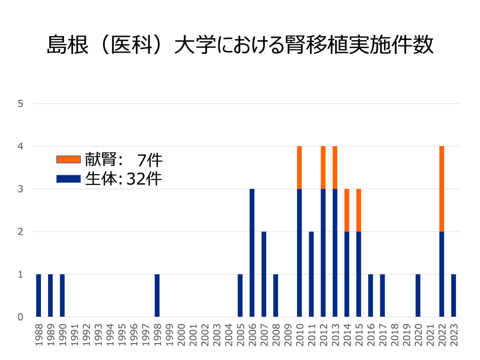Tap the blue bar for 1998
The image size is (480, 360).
(157, 296)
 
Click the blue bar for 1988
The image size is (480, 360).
(38, 296)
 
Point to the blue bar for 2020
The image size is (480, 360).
(418, 296)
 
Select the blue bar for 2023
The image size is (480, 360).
(454, 296)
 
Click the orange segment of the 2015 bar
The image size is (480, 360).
(359, 210)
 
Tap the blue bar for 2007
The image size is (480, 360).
(264, 274)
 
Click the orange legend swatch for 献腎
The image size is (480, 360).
(68, 159)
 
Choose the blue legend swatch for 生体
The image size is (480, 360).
(68, 179)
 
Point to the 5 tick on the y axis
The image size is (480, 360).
(21, 103)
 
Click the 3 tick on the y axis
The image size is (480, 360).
(21, 189)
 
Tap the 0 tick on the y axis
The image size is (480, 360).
(21, 317)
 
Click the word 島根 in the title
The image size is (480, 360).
(67, 45)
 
